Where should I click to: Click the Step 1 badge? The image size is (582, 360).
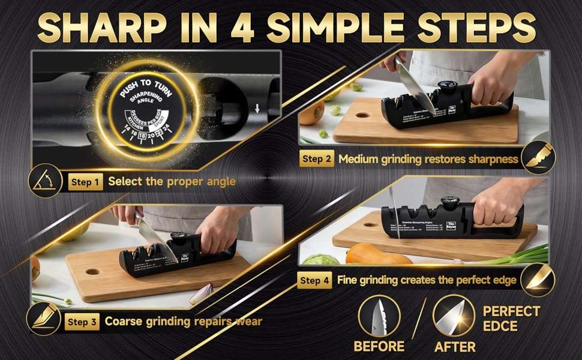pos(86,181)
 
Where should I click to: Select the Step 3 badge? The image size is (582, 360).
pos(83,322)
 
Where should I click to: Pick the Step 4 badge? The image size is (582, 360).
pos(315,280)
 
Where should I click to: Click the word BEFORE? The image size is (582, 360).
pos(379,346)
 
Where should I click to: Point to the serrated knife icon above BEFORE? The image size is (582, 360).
pos(379,316)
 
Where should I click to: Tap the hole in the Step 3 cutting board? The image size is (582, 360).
pos(93,272)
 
